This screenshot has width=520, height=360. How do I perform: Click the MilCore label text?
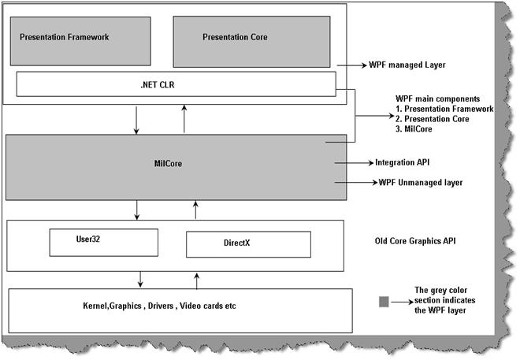click(x=166, y=163)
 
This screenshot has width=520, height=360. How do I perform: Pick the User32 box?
click(x=103, y=242)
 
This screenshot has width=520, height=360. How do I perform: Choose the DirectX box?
click(x=246, y=244)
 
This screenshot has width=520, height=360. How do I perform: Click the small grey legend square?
click(x=384, y=301)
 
